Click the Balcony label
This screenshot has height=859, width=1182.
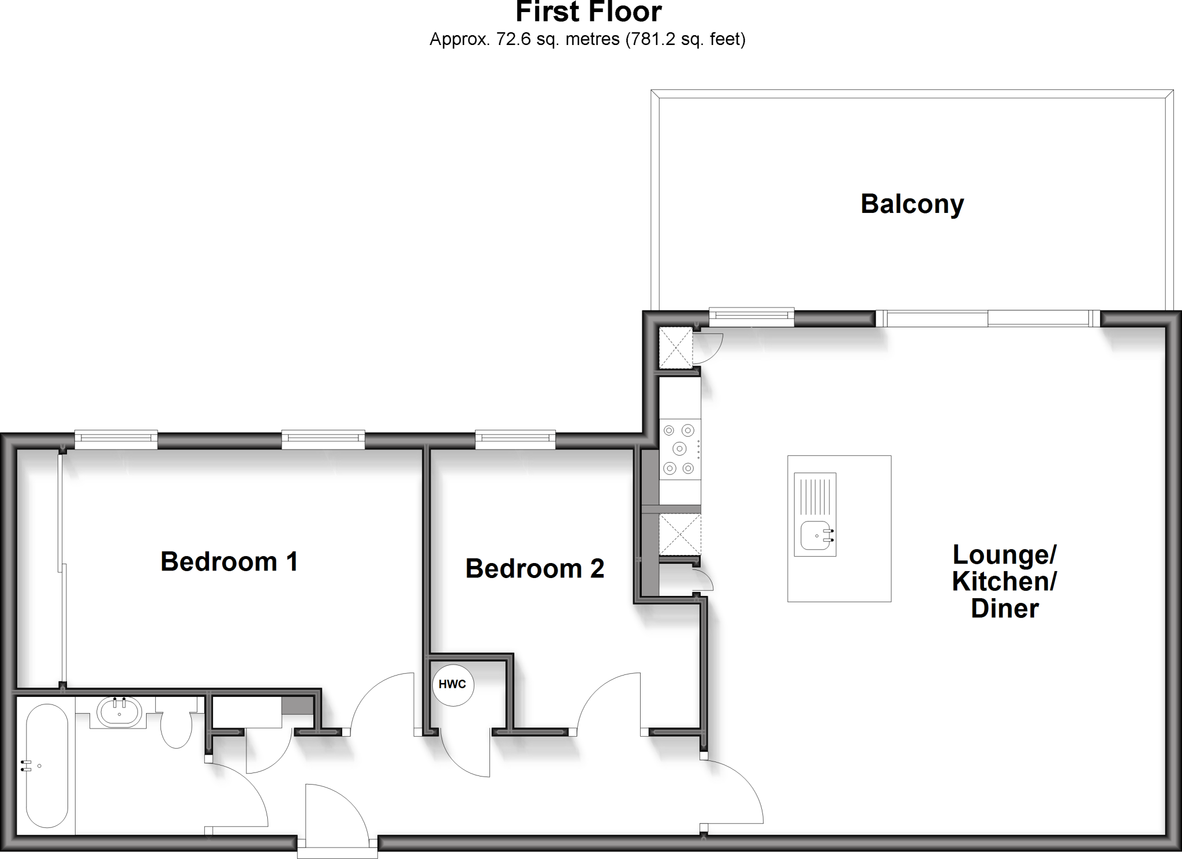pyautogui.click(x=912, y=204)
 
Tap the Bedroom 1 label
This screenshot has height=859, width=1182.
pyautogui.click(x=229, y=561)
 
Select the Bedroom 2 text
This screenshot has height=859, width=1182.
pyautogui.click(x=534, y=569)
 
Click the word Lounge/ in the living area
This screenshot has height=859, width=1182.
pyautogui.click(x=1004, y=555)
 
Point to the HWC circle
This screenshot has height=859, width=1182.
pyautogui.click(x=453, y=685)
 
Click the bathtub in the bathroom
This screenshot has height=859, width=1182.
pyautogui.click(x=47, y=766)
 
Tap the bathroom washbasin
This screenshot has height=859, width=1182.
pyautogui.click(x=119, y=712)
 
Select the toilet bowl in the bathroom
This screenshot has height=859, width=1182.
pyautogui.click(x=176, y=729)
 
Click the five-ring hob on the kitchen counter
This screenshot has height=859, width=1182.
pyautogui.click(x=679, y=448)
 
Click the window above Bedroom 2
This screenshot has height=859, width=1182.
pyautogui.click(x=515, y=440)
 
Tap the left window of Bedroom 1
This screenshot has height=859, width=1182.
pyautogui.click(x=116, y=440)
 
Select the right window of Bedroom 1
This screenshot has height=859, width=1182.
pyautogui.click(x=323, y=440)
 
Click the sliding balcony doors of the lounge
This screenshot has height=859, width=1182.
pyautogui.click(x=988, y=318)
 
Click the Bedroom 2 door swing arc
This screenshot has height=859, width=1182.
pyautogui.click(x=609, y=701)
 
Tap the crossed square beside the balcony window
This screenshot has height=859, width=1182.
pyautogui.click(x=675, y=347)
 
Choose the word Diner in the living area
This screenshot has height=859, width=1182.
pyautogui.click(x=1005, y=609)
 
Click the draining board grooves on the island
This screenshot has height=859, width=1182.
pyautogui.click(x=815, y=495)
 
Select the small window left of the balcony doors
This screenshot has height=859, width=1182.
pyautogui.click(x=751, y=316)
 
